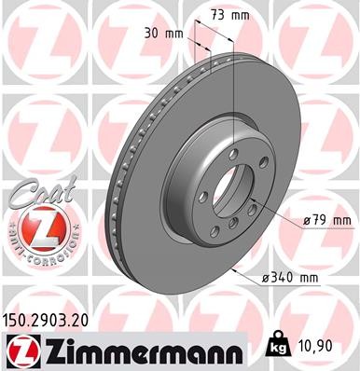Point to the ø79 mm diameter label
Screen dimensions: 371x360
point(326,220)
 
